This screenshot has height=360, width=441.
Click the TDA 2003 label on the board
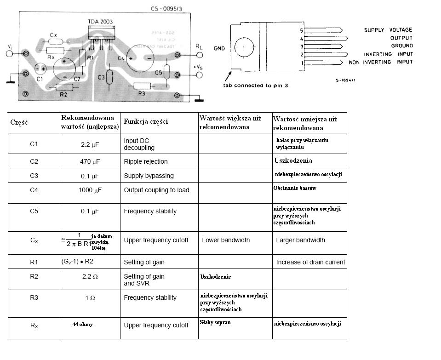100,21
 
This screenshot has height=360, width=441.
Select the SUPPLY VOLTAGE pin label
388,30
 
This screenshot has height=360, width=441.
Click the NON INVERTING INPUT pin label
380,63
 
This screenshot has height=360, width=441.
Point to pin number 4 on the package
302,38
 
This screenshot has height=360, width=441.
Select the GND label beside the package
219,48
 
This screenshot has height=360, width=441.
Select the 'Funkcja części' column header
145,122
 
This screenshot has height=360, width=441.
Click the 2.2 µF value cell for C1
90,144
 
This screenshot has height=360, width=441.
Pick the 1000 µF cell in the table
90,190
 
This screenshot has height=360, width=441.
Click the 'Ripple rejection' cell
145,161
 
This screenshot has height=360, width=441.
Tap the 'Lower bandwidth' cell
226,240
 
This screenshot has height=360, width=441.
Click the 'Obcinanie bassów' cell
294,188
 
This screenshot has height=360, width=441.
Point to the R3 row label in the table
34,297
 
